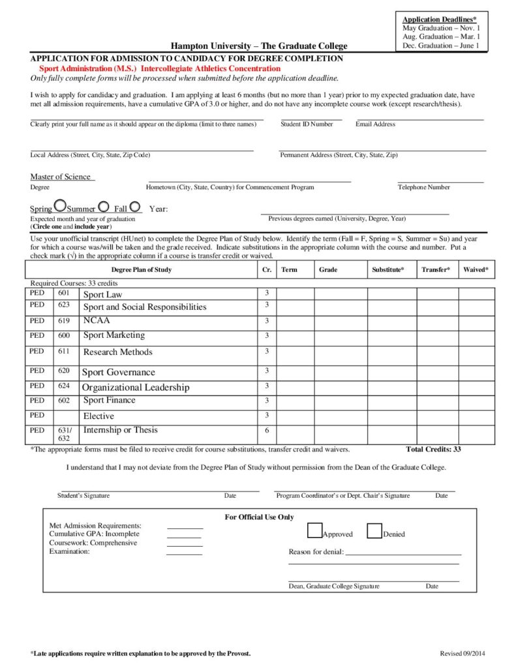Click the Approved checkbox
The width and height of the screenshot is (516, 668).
tap(314, 531)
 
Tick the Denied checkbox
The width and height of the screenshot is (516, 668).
tap(374, 531)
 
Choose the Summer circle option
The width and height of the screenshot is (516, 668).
tap(103, 207)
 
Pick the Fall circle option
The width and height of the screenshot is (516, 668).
tap(135, 207)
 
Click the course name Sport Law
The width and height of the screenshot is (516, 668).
tap(102, 295)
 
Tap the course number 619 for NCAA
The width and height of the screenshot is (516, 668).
tap(63, 321)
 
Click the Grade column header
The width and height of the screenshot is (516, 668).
tap(327, 269)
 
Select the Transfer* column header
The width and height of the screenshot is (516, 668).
tap(435, 269)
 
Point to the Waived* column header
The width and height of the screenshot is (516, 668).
tap(476, 269)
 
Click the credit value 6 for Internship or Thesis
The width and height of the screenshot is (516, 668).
tap(266, 431)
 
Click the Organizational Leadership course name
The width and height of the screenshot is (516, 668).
tap(136, 387)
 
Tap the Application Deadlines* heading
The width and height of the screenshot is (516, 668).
tap(439, 20)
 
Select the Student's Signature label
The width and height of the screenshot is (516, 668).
tap(83, 496)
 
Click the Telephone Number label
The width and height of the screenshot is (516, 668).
tap(424, 187)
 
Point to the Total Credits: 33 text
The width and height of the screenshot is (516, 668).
tap(433, 449)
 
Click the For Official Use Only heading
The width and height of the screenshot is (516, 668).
tap(259, 517)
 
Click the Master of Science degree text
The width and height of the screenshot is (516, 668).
tap(61, 177)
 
